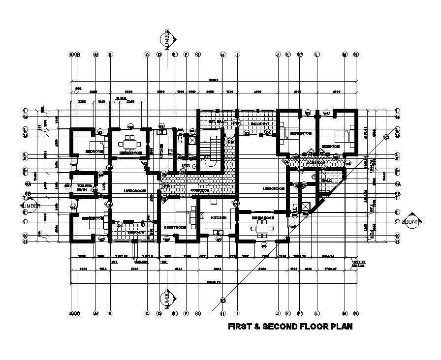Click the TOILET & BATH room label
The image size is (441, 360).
click(82, 187)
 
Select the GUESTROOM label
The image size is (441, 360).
click(175, 228)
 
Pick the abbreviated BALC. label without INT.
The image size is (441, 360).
click(327, 180)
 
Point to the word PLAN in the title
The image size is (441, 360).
click(340, 327)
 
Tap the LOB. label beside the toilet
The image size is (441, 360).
click(104, 187)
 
